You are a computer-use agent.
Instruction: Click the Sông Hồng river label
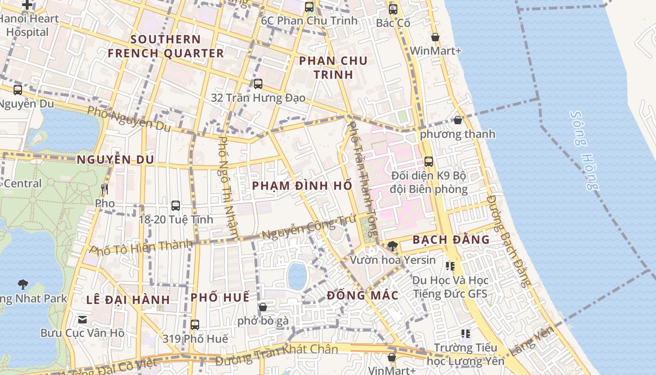[585, 150]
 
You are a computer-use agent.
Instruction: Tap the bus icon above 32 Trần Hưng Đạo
[258, 84]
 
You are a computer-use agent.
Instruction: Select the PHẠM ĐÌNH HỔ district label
[302, 186]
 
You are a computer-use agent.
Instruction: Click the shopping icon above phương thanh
[458, 120]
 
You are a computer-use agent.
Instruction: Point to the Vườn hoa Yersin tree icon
[393, 246]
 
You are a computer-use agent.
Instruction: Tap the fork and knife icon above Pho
[104, 189]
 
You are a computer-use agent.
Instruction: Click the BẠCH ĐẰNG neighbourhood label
[451, 240]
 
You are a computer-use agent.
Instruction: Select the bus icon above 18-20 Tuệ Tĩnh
[176, 205]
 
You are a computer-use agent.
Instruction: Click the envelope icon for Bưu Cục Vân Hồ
[82, 320]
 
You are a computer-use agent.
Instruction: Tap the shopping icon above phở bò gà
[263, 307]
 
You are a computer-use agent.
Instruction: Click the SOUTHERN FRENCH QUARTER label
[166, 46]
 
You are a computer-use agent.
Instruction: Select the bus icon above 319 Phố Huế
[195, 324]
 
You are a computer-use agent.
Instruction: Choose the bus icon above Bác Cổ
[393, 9]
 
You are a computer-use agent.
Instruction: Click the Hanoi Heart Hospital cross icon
[28, 5]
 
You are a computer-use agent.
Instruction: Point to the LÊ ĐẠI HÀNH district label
[128, 300]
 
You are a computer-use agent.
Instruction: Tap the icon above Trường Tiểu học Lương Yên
[465, 334]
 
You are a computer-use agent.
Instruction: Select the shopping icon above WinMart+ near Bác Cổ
[435, 37]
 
